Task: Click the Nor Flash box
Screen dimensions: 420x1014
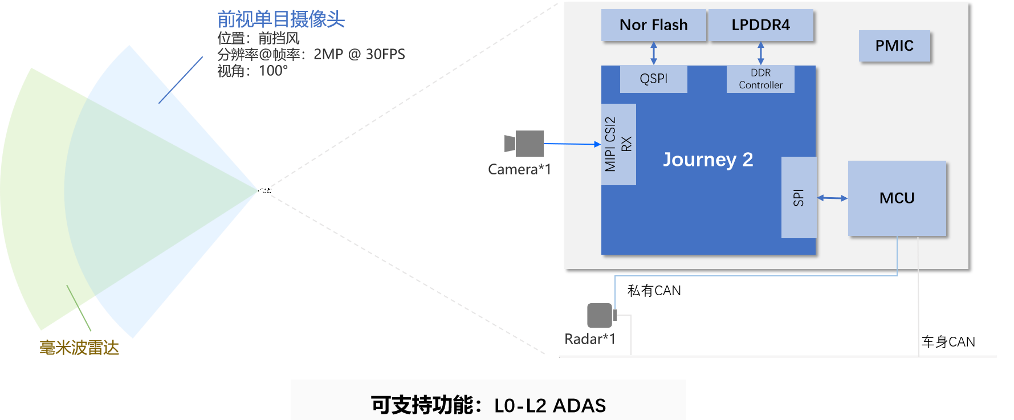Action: coord(654,25)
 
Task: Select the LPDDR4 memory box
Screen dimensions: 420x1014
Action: coord(761,25)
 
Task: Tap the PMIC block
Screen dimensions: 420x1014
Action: coord(894,46)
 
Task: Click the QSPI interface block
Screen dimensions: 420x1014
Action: coord(653,79)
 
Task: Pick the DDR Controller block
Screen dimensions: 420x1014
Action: coord(760,79)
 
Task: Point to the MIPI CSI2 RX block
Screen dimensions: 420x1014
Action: coord(618,144)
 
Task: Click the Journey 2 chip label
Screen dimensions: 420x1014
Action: coord(708,160)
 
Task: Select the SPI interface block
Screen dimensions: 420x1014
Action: coord(799,198)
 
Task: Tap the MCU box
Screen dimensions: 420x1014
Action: coord(897,198)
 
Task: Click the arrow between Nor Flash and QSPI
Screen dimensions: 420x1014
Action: coord(654,53)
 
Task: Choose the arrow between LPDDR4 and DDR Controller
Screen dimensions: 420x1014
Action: coord(760,53)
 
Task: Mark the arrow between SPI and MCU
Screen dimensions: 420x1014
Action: coord(832,198)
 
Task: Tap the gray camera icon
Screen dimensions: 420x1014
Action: coord(524,144)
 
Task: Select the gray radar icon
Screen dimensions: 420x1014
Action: coord(601,315)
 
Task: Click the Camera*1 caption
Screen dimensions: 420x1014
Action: coord(519,169)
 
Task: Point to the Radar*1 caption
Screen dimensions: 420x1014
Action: coord(589,339)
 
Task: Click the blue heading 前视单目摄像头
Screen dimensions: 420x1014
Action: coord(281,19)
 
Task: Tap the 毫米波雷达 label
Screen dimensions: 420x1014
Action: coord(79,348)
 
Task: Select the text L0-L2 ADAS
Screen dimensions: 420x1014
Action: coord(550,406)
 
